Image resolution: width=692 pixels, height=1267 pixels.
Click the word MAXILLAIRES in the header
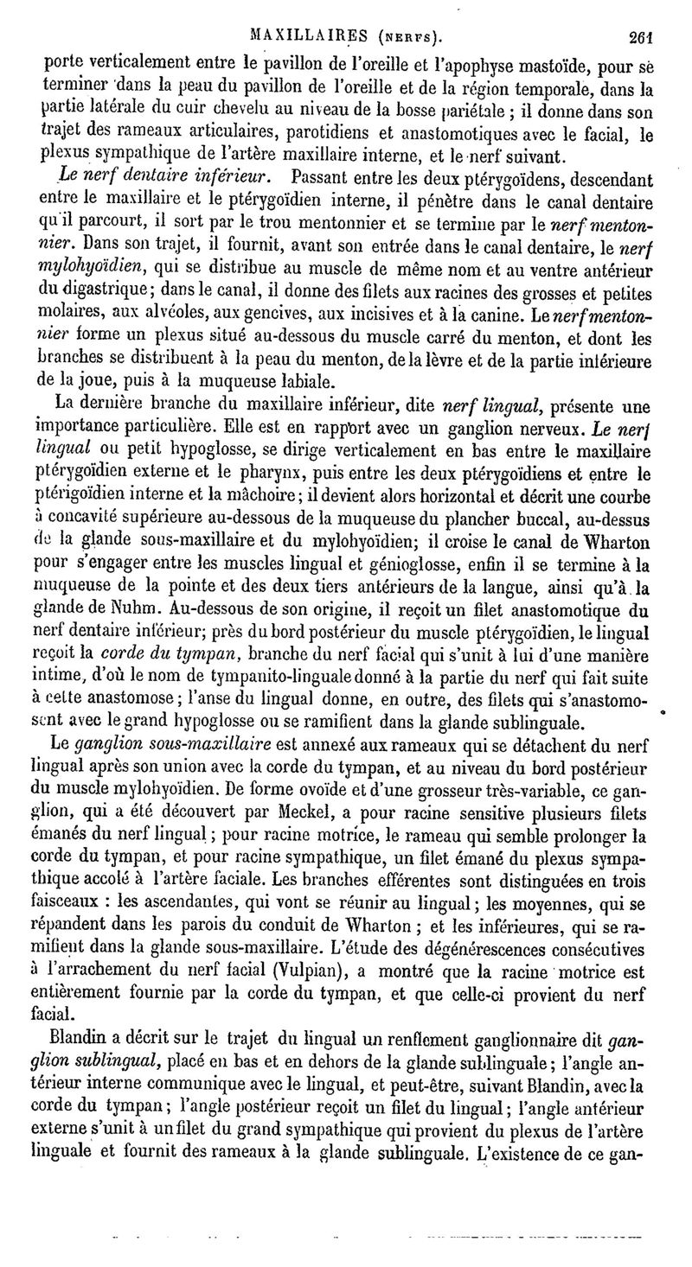(298, 36)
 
